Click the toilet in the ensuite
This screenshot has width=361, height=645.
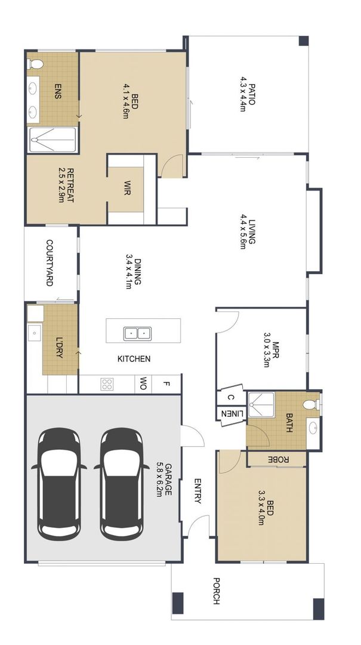[35, 63]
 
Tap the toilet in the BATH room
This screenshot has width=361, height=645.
[311, 405]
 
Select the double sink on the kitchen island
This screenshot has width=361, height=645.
[137, 332]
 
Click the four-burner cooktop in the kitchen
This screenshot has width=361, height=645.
[107, 384]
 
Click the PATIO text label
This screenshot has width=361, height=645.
[247, 94]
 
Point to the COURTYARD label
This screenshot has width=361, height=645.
[50, 263]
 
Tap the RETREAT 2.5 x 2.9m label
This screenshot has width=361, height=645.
[66, 186]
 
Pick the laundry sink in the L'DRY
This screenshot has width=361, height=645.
[33, 332]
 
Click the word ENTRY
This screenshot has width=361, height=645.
[197, 491]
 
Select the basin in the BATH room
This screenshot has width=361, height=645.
[313, 428]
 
